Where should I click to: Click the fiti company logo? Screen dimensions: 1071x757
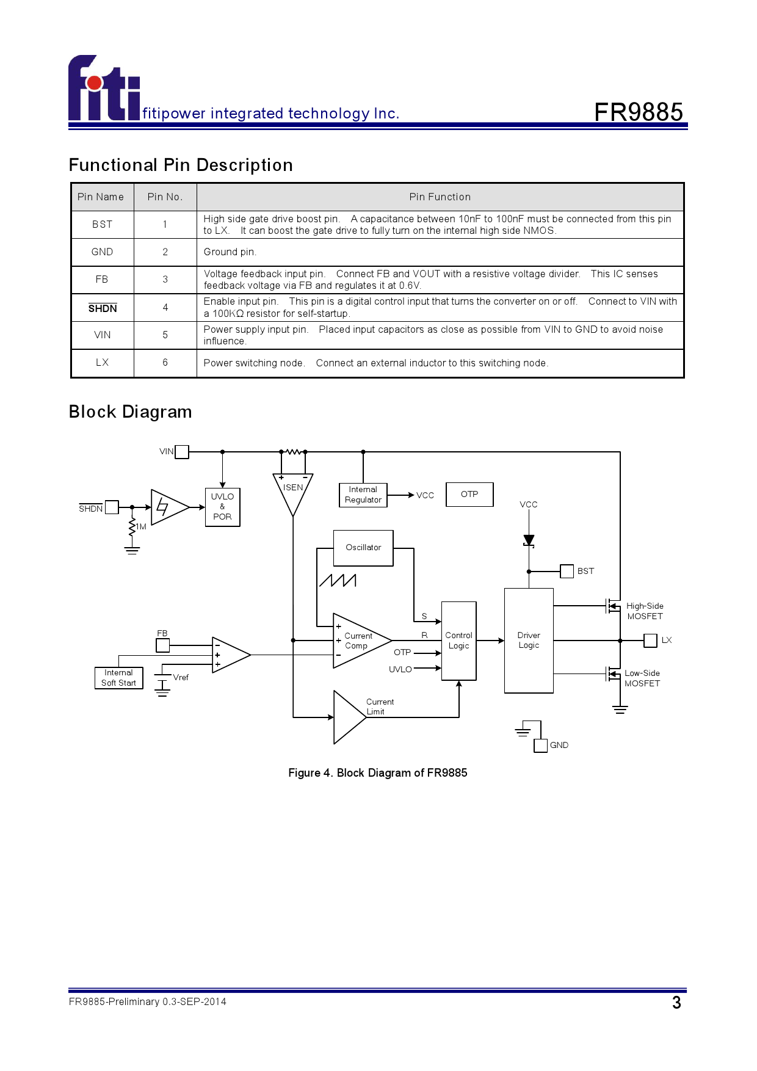tap(104, 89)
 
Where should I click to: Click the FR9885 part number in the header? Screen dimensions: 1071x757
tap(638, 112)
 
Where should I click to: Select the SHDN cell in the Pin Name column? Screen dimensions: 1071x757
tap(103, 308)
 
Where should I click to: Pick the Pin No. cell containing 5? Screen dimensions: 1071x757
tap(165, 335)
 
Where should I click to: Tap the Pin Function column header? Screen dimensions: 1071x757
tap(440, 197)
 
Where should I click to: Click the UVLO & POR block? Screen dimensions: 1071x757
tap(222, 507)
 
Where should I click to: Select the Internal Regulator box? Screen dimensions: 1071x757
tap(363, 495)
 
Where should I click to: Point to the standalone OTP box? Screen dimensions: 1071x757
tap(469, 495)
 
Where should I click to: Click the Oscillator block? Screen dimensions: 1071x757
tap(363, 548)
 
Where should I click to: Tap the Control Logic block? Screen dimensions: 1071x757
tap(458, 641)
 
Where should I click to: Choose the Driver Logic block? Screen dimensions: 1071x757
tap(529, 641)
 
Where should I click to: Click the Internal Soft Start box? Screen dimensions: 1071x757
tap(118, 678)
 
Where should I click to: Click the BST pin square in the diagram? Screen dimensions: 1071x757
tap(567, 572)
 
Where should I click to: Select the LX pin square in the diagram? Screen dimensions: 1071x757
tap(651, 641)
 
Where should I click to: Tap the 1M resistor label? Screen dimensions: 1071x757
tap(141, 527)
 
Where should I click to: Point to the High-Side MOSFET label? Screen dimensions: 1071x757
tap(645, 611)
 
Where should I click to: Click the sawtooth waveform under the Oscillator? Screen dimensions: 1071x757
tap(338, 580)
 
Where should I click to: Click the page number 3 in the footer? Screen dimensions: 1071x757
tap(676, 1003)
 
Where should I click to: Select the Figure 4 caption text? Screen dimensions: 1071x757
tap(377, 773)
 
